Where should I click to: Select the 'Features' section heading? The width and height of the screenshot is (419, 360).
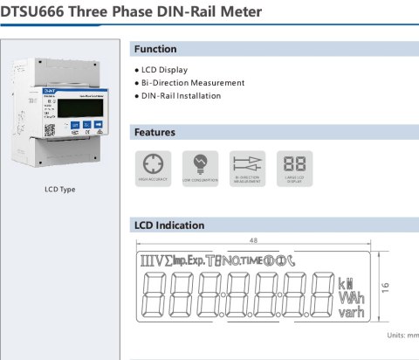coord(155,133)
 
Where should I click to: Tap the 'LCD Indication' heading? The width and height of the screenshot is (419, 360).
coord(169,225)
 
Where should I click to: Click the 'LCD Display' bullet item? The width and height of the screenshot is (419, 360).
coord(163,70)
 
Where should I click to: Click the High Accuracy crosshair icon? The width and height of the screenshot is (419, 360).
coord(152,163)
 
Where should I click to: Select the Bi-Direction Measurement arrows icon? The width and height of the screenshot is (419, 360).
coord(247,163)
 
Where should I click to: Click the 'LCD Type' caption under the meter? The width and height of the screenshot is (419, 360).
coord(60,190)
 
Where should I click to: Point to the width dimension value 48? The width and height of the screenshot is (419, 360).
coord(253,239)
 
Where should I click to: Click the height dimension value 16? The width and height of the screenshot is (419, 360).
coord(385,285)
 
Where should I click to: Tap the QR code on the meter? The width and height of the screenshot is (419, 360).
coord(50,128)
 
